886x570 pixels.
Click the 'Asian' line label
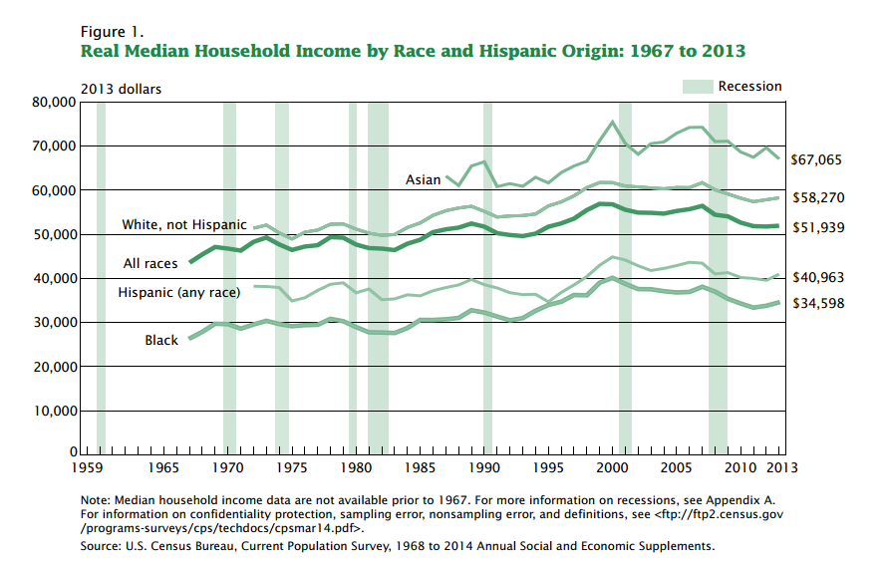click(x=422, y=180)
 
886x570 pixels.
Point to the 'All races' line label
click(x=149, y=263)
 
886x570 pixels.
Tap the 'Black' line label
click(x=161, y=341)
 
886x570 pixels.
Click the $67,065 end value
click(x=816, y=159)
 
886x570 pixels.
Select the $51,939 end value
click(x=816, y=227)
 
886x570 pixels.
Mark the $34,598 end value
click(x=816, y=302)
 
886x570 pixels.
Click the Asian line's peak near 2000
click(x=612, y=122)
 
